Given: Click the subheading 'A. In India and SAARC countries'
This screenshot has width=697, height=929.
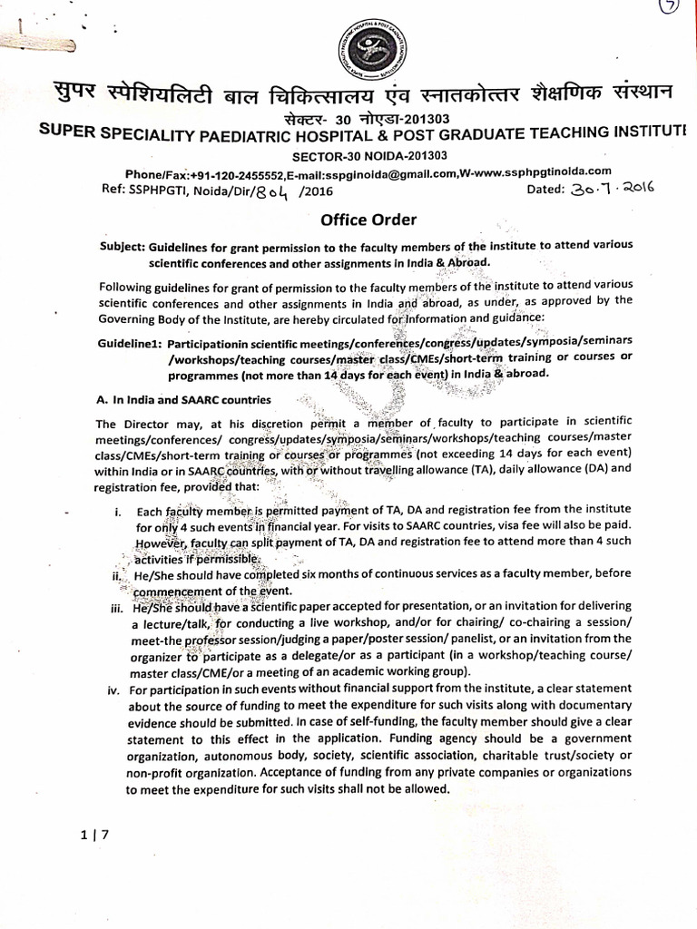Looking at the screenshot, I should point(182,399).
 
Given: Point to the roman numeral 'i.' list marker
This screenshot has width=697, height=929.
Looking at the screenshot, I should point(120,513).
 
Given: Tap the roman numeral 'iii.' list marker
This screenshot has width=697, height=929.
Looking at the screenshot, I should point(114,608).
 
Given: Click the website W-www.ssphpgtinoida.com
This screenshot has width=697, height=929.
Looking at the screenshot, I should point(535,171).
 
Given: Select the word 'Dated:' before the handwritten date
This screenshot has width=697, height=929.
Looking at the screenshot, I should point(546,189).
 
